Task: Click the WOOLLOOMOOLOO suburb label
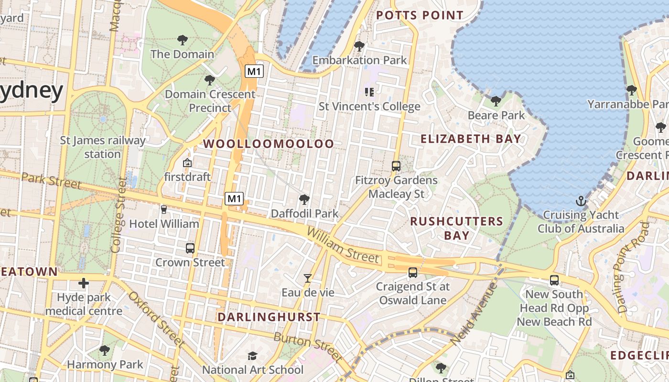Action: point(269,144)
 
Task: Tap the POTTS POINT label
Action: point(420,15)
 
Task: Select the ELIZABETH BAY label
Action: point(471,139)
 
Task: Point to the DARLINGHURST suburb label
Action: point(269,317)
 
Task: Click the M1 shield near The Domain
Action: point(254,72)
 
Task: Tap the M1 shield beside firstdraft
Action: point(234,198)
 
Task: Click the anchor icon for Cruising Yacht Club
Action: point(581,201)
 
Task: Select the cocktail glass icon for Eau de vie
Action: point(308,278)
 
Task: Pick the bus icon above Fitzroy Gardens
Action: point(396,166)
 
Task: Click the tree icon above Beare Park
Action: point(496,101)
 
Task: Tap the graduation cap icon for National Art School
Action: point(252,356)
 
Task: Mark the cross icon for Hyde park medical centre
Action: point(84,284)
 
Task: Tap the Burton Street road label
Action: point(308,346)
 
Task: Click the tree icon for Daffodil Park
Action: point(304,199)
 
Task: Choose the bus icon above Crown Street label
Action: point(190,248)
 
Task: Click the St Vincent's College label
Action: point(369,106)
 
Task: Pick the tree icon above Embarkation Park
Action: point(359,46)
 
